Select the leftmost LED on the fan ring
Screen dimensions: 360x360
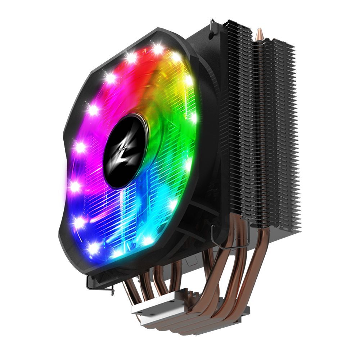pyautogui.click(x=75, y=186)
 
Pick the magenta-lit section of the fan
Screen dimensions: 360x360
pyautogui.click(x=90, y=144)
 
